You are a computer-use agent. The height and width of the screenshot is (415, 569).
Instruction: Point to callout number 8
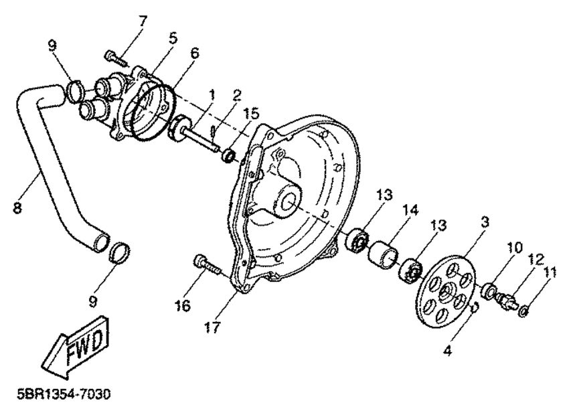coord(17,207)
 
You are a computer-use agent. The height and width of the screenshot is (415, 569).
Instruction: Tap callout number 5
coord(173,39)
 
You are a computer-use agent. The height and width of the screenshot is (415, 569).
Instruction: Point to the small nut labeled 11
coord(526,309)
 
